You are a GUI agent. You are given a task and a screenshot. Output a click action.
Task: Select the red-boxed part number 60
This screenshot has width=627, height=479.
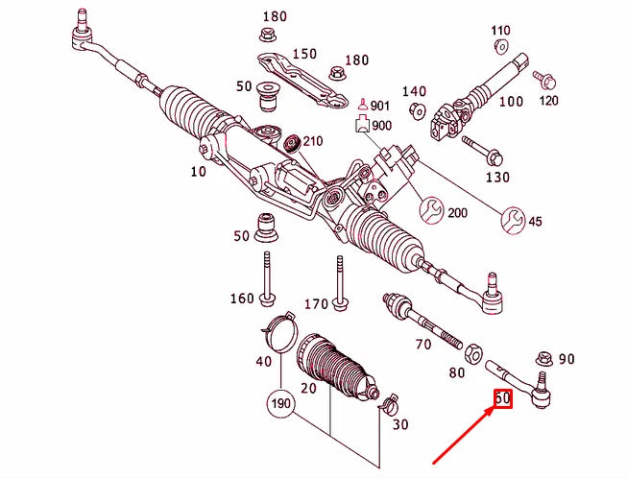point(502,398)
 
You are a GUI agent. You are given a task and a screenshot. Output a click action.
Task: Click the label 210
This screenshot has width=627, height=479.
point(313,142)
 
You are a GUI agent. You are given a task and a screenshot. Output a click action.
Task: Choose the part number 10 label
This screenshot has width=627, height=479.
point(199,172)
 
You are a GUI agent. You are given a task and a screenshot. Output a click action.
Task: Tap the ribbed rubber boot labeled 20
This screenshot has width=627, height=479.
point(331,369)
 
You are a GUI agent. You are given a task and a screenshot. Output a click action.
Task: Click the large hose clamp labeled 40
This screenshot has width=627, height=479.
point(277,330)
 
